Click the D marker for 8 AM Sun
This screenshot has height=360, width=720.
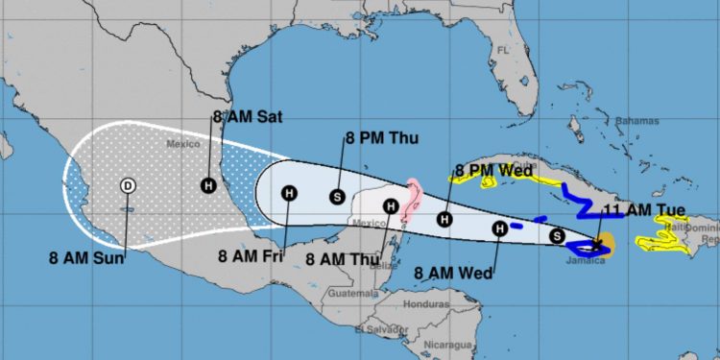[x=128, y=185]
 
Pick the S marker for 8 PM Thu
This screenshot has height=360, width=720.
[x=337, y=197]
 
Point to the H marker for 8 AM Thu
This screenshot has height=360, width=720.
[x=391, y=205]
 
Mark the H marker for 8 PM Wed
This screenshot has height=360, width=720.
[x=444, y=219]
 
